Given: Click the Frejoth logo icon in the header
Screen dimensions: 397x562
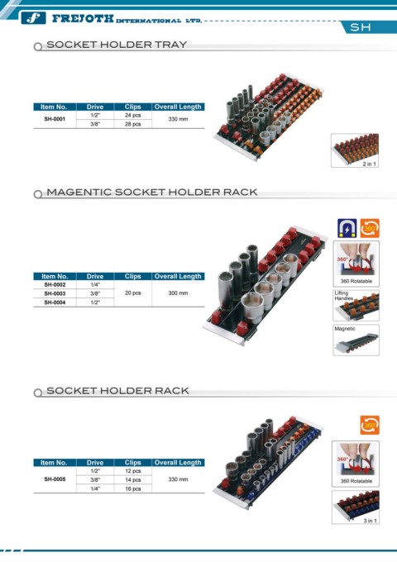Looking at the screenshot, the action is tap(33, 18).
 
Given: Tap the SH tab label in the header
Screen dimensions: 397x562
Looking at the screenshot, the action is tap(361, 27).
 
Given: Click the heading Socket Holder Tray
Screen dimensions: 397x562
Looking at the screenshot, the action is tap(117, 45).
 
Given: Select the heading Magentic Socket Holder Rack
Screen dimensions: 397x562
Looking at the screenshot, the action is tap(152, 192).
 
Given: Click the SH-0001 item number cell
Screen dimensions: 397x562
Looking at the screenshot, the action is tap(55, 119).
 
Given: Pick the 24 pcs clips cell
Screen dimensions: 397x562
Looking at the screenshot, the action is tap(132, 116).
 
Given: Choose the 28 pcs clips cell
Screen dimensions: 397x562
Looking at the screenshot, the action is tap(132, 124).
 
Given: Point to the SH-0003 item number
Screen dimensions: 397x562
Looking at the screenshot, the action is tap(55, 293).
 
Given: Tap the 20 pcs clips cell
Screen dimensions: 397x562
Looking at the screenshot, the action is tap(132, 293).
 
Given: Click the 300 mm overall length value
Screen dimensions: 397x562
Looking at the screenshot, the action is tap(179, 293).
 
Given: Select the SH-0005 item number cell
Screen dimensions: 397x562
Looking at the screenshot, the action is tap(55, 479).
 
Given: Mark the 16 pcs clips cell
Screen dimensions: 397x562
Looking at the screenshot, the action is tap(132, 488).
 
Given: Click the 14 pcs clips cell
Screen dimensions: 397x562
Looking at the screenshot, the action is tap(132, 479).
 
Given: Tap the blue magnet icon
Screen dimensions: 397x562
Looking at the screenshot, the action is tap(347, 228).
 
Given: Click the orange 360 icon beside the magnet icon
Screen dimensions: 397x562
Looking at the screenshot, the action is tap(370, 228).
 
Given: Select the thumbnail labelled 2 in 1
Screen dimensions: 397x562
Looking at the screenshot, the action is tap(355, 150).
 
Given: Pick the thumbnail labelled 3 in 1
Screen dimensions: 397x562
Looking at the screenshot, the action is tap(356, 507).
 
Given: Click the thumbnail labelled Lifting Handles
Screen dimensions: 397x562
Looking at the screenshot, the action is tap(356, 305).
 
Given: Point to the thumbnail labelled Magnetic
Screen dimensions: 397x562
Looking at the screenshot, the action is tap(356, 340).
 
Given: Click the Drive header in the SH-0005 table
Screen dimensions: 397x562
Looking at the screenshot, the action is tap(95, 463).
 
